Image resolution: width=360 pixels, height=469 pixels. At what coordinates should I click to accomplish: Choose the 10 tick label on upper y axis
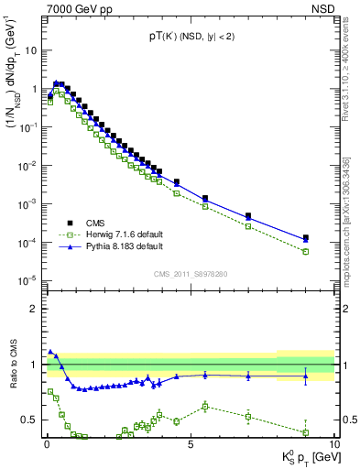(31, 50)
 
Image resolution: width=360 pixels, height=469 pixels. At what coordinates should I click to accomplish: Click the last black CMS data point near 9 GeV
(306, 238)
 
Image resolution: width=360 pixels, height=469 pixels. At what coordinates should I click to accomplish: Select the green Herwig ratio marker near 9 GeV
(306, 432)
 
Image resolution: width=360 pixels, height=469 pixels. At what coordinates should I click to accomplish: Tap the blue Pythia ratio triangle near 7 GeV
(248, 375)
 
